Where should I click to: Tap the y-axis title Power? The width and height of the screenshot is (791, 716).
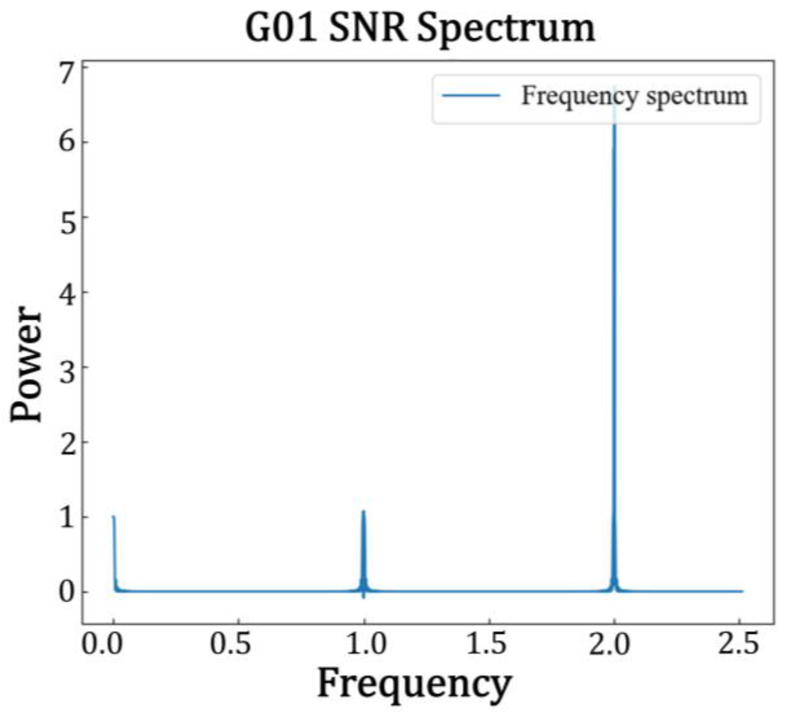click(x=27, y=364)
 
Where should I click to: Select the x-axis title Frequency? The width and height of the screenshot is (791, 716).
click(x=414, y=683)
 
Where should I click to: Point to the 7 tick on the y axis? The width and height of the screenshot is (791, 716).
click(x=68, y=73)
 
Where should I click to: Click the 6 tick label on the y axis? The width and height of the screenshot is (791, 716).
click(x=68, y=141)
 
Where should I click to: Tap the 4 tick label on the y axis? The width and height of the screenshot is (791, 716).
click(x=68, y=292)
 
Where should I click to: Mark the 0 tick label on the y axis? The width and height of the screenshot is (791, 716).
click(x=68, y=592)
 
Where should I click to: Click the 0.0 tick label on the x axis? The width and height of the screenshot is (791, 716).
click(x=102, y=644)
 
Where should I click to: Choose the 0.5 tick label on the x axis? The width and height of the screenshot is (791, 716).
click(x=230, y=644)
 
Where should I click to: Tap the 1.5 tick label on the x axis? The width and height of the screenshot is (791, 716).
click(x=486, y=644)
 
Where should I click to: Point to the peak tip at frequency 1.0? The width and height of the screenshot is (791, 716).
click(x=363, y=511)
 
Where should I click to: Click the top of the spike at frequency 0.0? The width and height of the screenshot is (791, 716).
click(x=113, y=517)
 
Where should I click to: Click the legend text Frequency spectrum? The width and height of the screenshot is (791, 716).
click(x=634, y=96)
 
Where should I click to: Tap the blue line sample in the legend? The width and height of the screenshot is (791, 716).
click(x=471, y=95)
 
